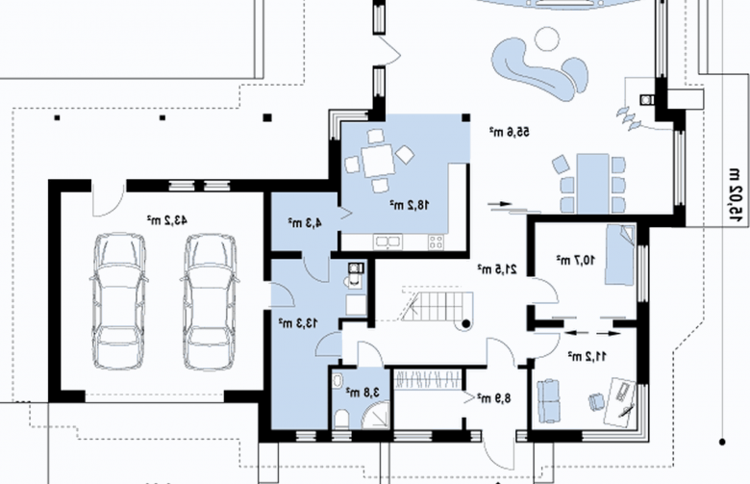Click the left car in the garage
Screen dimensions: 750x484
coord(118,301)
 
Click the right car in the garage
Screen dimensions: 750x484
coord(211,301)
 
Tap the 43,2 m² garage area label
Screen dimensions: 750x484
coord(167,220)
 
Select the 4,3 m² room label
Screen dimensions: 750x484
coord(305,222)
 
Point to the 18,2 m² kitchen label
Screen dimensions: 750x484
coord(410,205)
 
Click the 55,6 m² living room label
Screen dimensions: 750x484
coord(510,132)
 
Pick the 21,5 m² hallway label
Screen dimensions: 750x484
coord(497,269)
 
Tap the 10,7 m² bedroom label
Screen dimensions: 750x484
coord(576,260)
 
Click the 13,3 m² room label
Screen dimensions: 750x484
coord(298,323)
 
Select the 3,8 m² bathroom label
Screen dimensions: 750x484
coord(363,393)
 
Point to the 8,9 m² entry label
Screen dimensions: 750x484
coord(494,397)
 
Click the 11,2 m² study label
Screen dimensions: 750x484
coord(587,356)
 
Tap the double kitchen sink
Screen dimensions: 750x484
coord(388,242)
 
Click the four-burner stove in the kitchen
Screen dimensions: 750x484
coord(436,242)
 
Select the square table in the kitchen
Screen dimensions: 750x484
coord(378,162)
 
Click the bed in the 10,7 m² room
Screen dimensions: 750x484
coord(620,255)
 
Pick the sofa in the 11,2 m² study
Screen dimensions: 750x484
coord(548,401)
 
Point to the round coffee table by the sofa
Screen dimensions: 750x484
coord(547,39)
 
